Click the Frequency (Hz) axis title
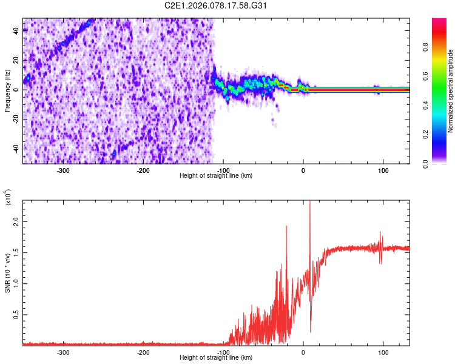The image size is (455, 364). click(7, 91)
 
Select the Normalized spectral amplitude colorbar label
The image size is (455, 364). click(451, 91)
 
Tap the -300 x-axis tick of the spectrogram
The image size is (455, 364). click(64, 170)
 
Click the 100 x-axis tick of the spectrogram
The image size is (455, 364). click(383, 170)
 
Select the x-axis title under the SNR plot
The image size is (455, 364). click(216, 357)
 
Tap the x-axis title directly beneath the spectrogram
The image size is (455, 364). click(216, 176)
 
